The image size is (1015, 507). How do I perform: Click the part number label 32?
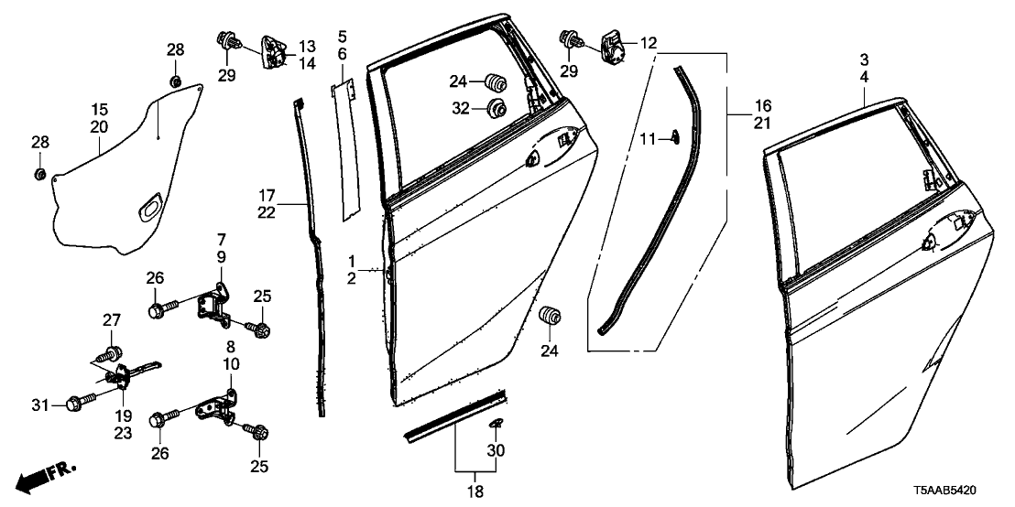pyautogui.click(x=460, y=109)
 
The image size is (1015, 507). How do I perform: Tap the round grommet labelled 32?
pyautogui.click(x=498, y=108)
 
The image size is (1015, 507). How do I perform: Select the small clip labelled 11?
pyautogui.click(x=675, y=137)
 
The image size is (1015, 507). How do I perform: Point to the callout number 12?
pyautogui.click(x=649, y=43)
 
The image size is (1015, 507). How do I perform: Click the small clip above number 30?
pyautogui.click(x=497, y=423)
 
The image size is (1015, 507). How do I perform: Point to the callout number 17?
pyautogui.click(x=267, y=195)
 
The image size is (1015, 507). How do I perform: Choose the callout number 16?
pyautogui.click(x=763, y=106)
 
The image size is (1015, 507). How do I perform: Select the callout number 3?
pyautogui.click(x=864, y=59)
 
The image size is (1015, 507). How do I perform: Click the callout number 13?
pyautogui.click(x=306, y=46)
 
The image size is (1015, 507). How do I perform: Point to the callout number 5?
pyautogui.click(x=342, y=38)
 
